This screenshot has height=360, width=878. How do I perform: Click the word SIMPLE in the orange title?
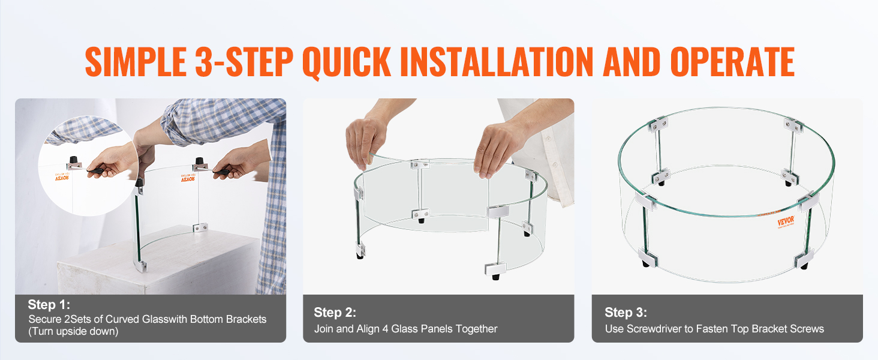[x=136, y=62]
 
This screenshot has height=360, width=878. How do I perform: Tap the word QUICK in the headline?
[x=347, y=62]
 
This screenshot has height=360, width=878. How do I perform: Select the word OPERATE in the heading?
[x=732, y=62]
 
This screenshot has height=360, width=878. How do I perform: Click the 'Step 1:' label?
[x=49, y=305]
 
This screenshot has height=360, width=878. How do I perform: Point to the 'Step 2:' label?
[x=335, y=313]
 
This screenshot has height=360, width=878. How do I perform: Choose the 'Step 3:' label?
[x=626, y=313]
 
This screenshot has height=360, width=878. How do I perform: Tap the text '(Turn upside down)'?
[x=73, y=331]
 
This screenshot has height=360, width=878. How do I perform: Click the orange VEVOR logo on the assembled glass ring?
[x=786, y=221]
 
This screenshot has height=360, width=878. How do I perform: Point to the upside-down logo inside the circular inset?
[x=62, y=176]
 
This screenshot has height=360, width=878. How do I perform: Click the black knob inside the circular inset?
[x=73, y=161]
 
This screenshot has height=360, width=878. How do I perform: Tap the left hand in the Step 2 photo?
[x=366, y=141]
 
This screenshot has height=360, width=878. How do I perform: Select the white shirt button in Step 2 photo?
[x=548, y=139]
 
